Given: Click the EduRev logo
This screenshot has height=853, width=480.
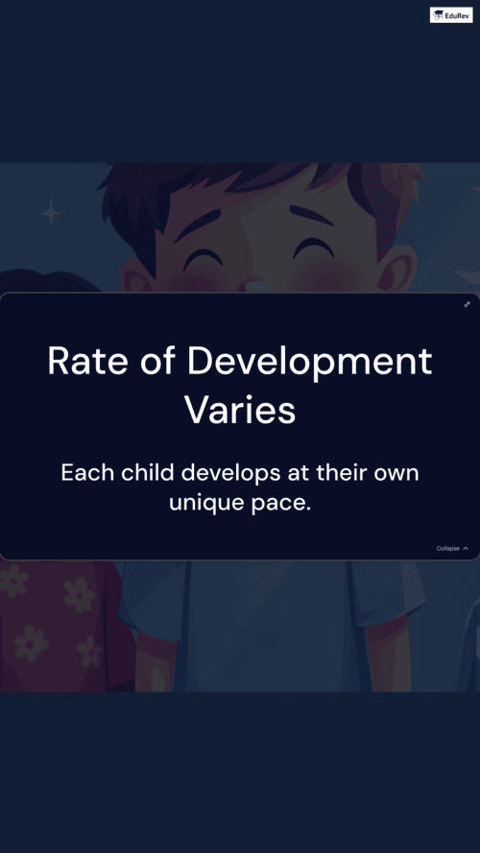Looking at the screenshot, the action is click(x=451, y=14).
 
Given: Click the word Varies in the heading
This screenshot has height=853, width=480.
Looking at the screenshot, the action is click(x=240, y=411).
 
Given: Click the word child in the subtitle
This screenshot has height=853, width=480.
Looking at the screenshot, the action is click(x=148, y=472).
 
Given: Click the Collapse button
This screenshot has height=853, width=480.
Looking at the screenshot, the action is click(x=452, y=549).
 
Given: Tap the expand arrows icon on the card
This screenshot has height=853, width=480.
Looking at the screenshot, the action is click(x=467, y=304).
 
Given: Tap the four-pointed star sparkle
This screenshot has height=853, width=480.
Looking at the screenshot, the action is click(x=51, y=212).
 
